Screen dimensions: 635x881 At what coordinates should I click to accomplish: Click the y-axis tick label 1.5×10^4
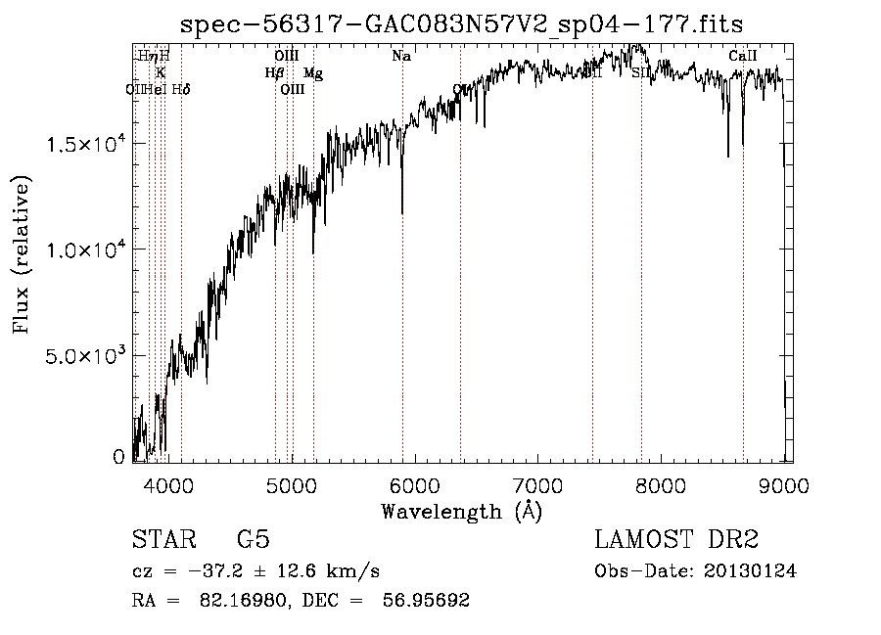point(85,144)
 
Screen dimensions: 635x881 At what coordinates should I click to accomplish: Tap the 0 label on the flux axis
point(119,456)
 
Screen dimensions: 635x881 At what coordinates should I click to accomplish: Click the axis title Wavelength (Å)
point(461,511)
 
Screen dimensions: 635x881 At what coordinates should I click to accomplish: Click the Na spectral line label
point(401,57)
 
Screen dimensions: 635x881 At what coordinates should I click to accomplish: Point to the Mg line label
point(312,73)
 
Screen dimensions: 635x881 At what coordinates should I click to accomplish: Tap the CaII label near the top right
point(743,57)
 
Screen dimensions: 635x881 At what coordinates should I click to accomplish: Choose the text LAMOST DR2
point(676,540)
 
